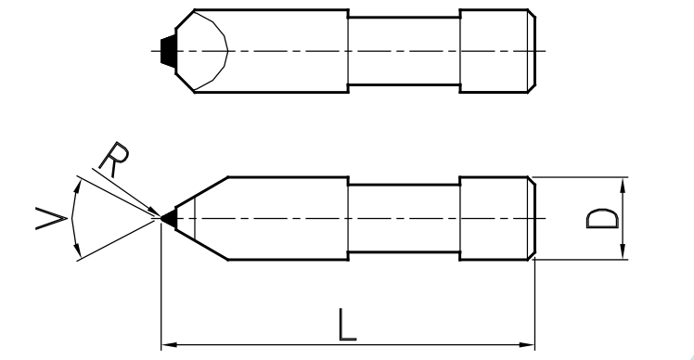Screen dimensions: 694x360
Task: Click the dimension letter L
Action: point(347,325)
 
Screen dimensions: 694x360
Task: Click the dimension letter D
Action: point(602,219)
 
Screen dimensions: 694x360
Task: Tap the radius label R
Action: point(115,159)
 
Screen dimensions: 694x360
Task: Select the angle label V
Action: point(51,219)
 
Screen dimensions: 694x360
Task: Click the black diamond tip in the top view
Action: point(168,51)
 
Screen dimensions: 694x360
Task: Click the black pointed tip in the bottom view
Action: point(170,218)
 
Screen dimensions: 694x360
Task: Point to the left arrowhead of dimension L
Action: point(169,344)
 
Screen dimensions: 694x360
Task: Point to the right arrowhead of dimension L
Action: point(527,344)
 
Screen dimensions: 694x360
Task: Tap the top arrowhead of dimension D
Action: point(623,185)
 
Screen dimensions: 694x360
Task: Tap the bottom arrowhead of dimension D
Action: point(623,251)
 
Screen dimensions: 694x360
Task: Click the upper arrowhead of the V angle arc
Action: point(78,186)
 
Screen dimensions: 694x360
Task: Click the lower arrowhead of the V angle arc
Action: point(78,250)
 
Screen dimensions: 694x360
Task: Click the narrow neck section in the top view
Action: point(405,51)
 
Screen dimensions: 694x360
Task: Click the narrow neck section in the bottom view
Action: point(405,218)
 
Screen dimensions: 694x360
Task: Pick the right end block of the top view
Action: point(497,51)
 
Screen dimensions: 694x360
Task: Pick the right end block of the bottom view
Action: point(497,218)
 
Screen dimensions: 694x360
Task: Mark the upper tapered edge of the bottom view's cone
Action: point(202,192)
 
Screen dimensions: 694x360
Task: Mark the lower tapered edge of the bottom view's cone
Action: point(202,245)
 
